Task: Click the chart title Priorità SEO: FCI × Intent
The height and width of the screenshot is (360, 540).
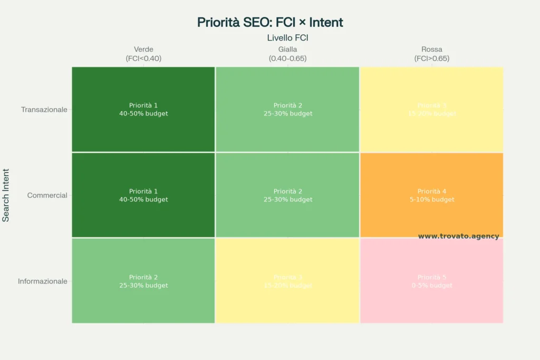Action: coord(270,22)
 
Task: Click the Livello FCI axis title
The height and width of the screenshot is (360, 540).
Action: coord(287,37)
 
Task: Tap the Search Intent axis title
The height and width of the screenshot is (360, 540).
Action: coord(6,195)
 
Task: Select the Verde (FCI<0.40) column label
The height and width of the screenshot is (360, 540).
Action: coord(143,54)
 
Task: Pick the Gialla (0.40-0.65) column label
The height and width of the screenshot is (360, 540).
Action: coord(287,54)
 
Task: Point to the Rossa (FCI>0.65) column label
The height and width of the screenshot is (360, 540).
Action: coord(431,54)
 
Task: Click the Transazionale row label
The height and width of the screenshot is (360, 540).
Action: coord(44,110)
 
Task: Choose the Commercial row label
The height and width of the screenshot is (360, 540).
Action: coord(47,195)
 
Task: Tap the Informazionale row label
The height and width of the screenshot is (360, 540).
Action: coord(43,281)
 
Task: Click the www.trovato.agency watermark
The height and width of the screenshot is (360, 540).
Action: coord(458,236)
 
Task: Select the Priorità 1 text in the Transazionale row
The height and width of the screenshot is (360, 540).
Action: coord(143,105)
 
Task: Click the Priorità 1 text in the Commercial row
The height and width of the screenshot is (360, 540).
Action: coord(143,191)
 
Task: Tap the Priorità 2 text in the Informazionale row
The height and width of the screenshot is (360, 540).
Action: coord(143,277)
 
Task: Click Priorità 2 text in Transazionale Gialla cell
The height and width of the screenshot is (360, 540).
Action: coord(288,105)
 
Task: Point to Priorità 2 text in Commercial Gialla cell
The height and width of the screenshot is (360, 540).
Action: coord(288,191)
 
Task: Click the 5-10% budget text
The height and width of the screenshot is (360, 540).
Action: coord(431,200)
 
